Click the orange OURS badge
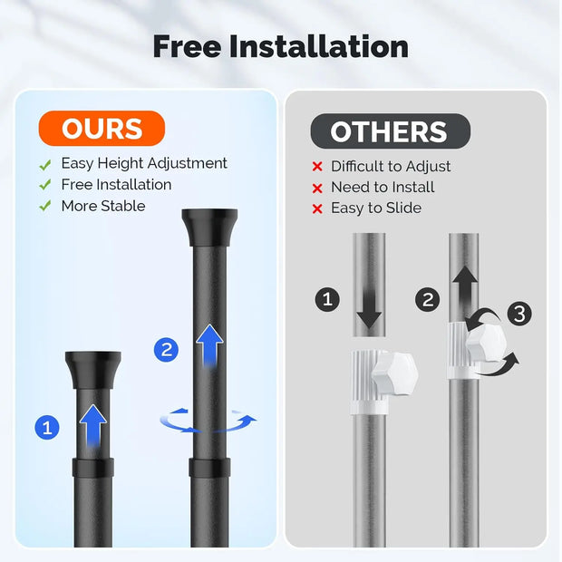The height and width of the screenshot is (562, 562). (102, 129)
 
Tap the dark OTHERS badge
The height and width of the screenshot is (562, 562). (391, 131)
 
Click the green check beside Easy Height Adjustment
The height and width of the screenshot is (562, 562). (45, 164)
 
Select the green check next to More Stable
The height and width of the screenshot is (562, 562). (45, 206)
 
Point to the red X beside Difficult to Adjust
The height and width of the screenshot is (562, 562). (317, 166)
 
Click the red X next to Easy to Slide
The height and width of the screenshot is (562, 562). (317, 208)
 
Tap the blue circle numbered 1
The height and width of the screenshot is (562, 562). (47, 427)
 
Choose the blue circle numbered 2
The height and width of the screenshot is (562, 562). (166, 350)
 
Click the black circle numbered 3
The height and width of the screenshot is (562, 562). (519, 314)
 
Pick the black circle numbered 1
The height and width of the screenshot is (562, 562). (327, 299)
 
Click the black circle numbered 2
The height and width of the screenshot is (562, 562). (428, 300)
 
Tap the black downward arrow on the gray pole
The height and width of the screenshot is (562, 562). (369, 308)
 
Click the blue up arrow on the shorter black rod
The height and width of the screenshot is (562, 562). (93, 426)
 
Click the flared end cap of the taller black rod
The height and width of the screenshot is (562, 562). (209, 228)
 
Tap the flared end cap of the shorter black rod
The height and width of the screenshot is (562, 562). (93, 370)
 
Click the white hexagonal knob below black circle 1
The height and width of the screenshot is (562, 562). (394, 373)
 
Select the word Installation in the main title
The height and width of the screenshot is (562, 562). (319, 46)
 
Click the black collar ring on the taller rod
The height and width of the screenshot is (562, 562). (209, 468)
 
